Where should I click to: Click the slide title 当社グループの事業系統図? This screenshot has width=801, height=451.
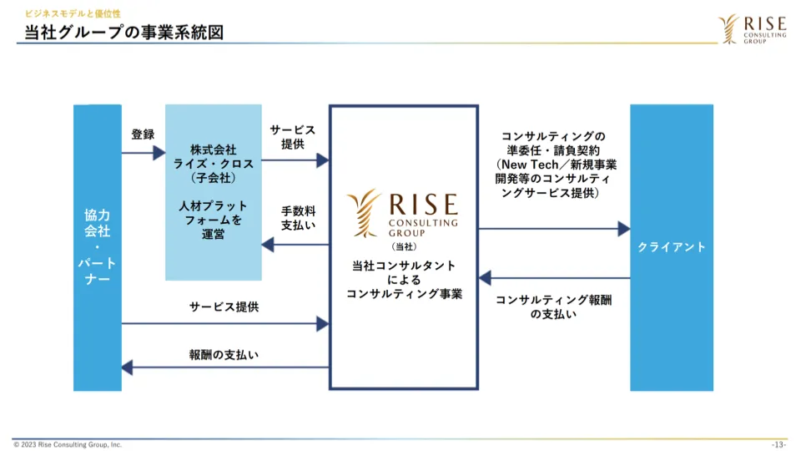tap(123, 33)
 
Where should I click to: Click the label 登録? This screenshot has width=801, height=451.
tap(143, 134)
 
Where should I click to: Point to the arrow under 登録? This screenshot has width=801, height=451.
tap(144, 153)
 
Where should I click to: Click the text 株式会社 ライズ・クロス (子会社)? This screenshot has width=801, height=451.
tap(213, 164)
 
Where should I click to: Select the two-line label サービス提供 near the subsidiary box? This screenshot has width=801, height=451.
tap(292, 137)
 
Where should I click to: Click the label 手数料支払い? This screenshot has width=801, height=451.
tap(298, 217)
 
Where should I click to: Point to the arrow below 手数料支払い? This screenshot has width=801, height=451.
tap(295, 245)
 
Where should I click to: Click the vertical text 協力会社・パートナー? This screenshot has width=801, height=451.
tap(98, 246)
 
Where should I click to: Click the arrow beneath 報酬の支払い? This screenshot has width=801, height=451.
tap(225, 367)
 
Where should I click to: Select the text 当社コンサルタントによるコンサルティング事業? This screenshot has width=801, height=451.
tap(404, 279)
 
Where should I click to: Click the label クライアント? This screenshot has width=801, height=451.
tap(671, 247)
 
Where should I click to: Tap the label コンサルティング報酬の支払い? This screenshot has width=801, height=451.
tap(553, 307)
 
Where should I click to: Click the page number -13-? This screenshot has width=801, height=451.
tap(778, 444)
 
